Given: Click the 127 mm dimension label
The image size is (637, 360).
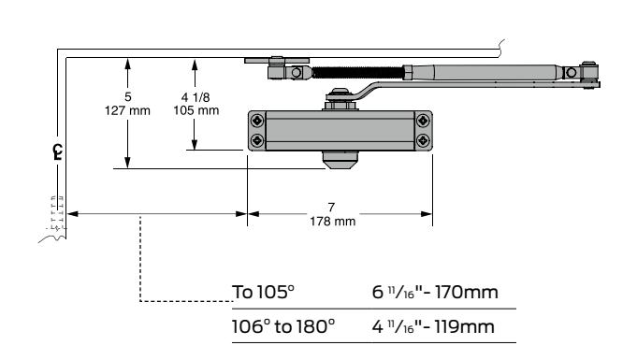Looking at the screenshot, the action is [127, 110].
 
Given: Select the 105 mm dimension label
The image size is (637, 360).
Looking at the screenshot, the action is [196, 110].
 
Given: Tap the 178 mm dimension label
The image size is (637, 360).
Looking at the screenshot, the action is [333, 222].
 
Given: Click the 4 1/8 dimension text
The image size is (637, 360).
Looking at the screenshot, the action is [195, 97].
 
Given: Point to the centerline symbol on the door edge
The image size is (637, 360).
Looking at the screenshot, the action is [58, 152].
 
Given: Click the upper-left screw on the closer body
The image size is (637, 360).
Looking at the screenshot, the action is [257, 121].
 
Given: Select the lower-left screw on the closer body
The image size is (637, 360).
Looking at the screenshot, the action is [257, 140].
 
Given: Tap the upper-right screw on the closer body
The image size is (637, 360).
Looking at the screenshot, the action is [423, 121].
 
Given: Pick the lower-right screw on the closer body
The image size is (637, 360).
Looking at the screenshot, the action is [423, 140].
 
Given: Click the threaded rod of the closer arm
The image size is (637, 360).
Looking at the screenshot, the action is [358, 73].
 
